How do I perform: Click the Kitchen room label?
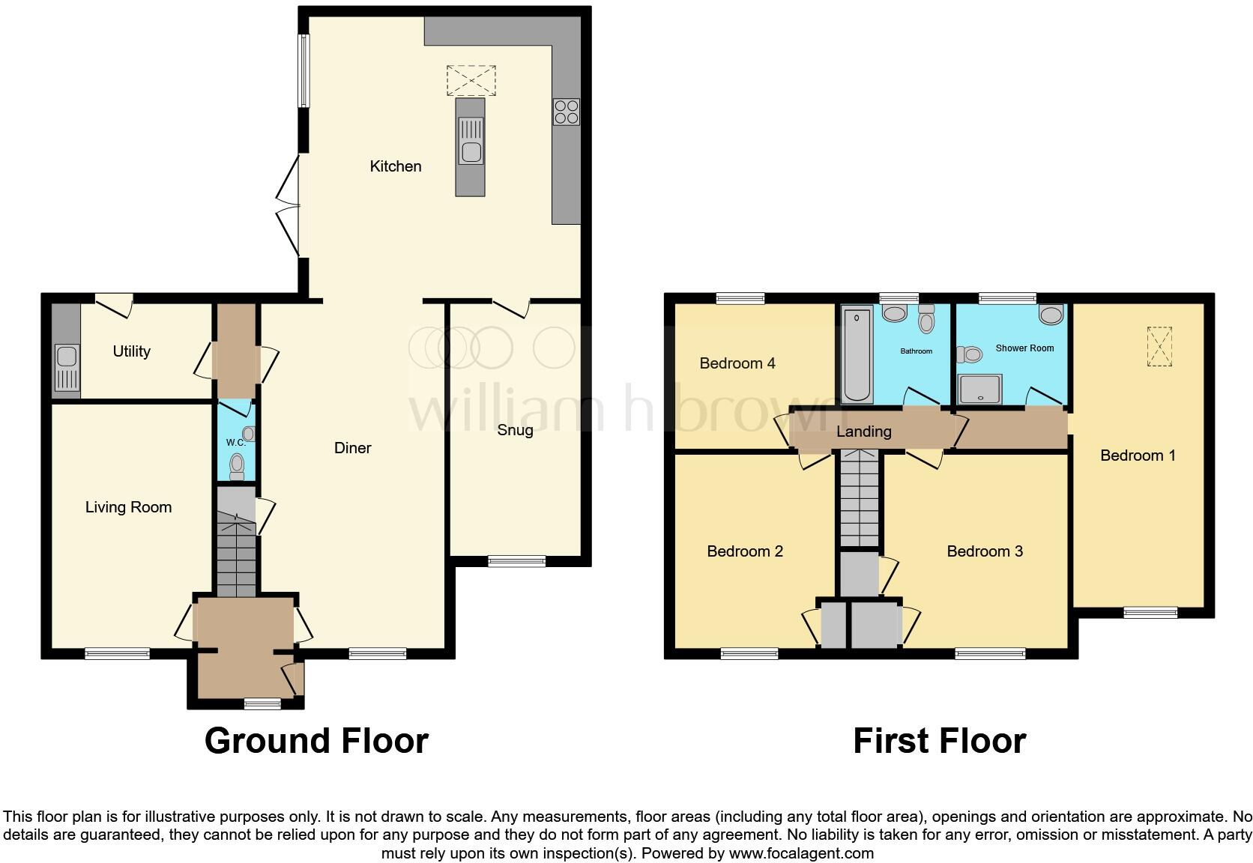coord(396,166)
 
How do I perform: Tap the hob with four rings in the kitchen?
coord(567,112)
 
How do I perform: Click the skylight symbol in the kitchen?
coord(471,80)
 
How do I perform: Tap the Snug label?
coord(515,430)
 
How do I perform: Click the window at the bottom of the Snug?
coord(516,560)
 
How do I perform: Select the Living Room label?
coord(128,507)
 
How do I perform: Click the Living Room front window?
coord(117,654)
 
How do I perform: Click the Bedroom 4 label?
coord(737,363)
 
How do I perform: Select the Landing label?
coord(864,431)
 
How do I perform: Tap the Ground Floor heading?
coord(316,741)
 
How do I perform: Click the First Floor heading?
coord(939,741)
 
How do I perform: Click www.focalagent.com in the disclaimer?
coord(801,853)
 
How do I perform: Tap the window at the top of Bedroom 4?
coord(740,298)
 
